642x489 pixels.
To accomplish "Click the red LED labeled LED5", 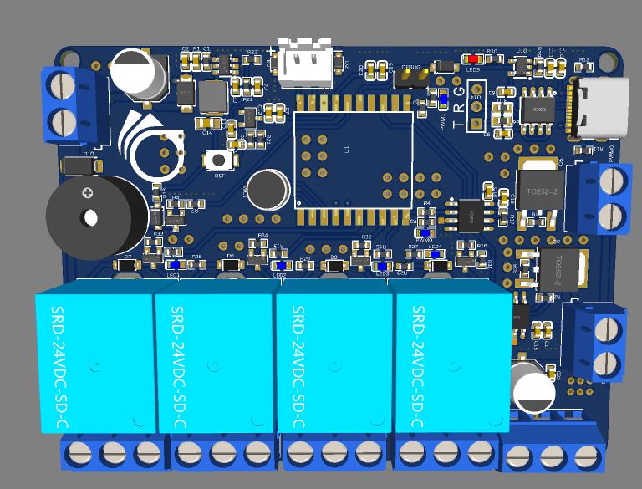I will tap(474, 59).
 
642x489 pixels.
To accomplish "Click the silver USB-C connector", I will tap(600, 108).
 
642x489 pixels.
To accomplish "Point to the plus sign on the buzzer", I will tap(86, 192).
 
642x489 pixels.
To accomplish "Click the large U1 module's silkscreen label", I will tap(346, 149).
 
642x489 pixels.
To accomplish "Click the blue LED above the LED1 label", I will tap(175, 264).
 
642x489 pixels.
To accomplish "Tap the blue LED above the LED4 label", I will tap(435, 254).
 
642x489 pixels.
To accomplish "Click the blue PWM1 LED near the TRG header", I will tap(444, 99).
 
